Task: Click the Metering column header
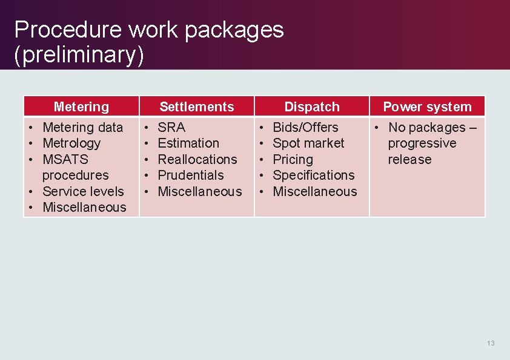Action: (x=81, y=107)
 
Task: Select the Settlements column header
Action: (x=196, y=107)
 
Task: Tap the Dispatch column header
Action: (x=312, y=107)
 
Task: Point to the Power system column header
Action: (x=427, y=107)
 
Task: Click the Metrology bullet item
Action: (x=71, y=143)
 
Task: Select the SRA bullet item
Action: (x=171, y=128)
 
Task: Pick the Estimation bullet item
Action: (x=188, y=143)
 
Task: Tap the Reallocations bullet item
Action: (x=197, y=160)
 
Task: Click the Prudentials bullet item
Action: (x=191, y=175)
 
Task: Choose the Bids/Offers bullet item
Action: (x=305, y=128)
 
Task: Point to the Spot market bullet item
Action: (x=308, y=143)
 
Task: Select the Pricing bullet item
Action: (x=293, y=160)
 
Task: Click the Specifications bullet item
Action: (x=314, y=175)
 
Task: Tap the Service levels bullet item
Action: (x=83, y=192)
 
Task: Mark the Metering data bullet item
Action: (x=82, y=128)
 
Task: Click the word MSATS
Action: (x=65, y=160)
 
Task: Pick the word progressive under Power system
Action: (x=422, y=143)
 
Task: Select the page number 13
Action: (x=491, y=343)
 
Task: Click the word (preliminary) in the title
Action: (x=79, y=54)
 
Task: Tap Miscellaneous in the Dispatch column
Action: (x=315, y=192)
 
